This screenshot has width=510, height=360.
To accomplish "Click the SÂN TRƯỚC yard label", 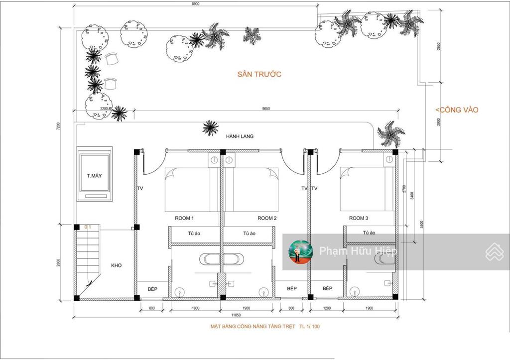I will point(259,74).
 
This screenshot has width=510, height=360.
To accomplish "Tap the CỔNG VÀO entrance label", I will point(456,110).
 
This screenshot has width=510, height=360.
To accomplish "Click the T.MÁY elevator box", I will point(95,176).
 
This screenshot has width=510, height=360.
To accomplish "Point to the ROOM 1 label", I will point(184,218).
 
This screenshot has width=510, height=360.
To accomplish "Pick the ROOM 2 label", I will point(267,218).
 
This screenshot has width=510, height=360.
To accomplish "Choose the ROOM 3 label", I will point(359,218).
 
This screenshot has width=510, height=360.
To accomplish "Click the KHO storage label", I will point(116,265).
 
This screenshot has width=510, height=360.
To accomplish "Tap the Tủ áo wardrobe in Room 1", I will point(194,234).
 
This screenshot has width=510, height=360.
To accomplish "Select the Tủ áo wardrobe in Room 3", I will point(369,233).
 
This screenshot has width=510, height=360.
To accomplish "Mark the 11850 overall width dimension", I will point(239,315).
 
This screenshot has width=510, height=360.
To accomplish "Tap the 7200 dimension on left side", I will point(58,126).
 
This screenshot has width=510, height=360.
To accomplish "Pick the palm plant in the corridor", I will point(210,128).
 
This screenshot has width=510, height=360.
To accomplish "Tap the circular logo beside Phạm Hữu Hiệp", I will point(301,251).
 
